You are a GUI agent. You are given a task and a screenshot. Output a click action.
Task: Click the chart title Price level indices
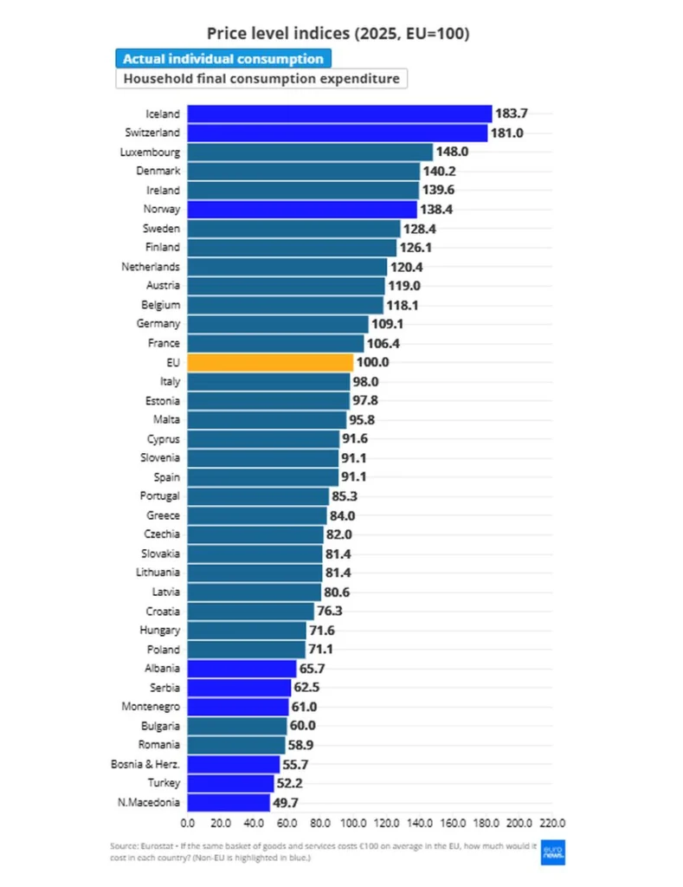pyautogui.click(x=338, y=34)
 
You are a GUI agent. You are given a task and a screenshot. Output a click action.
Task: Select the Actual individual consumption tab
pyautogui.click(x=223, y=59)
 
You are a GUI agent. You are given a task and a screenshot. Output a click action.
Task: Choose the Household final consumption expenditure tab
pyautogui.click(x=261, y=79)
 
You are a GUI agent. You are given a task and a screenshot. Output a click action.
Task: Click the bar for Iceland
pyautogui.click(x=339, y=113)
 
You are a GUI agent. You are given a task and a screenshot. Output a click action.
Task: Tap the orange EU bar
pyautogui.click(x=270, y=363)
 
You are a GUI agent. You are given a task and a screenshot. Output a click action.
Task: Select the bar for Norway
pyautogui.click(x=302, y=210)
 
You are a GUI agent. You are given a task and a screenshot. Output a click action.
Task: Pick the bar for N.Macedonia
pyautogui.click(x=229, y=803)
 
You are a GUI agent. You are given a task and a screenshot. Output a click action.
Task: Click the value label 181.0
pyautogui.click(x=507, y=133)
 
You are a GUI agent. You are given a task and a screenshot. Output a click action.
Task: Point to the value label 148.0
pyautogui.click(x=453, y=152)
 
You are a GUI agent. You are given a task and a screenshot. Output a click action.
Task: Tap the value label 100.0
pyautogui.click(x=372, y=362)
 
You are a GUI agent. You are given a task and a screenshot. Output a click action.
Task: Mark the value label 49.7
pyautogui.click(x=286, y=803)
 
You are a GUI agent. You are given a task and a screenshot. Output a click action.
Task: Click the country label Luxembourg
pyautogui.click(x=150, y=152)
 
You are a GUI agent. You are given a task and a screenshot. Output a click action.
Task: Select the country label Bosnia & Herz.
pyautogui.click(x=145, y=764)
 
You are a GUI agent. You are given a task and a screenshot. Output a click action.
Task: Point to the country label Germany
pyautogui.click(x=158, y=324)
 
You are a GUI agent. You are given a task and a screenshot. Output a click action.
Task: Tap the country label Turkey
pyautogui.click(x=164, y=783)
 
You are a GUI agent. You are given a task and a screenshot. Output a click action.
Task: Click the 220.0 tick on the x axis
pyautogui.click(x=552, y=823)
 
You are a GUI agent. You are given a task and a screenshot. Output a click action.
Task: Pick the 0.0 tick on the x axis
pyautogui.click(x=188, y=823)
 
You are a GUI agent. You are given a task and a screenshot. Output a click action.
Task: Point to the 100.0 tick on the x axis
pyautogui.click(x=353, y=823)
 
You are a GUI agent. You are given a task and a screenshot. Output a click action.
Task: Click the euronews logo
pyautogui.click(x=553, y=852)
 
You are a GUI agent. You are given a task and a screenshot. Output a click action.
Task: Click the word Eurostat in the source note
pyautogui.click(x=158, y=846)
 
